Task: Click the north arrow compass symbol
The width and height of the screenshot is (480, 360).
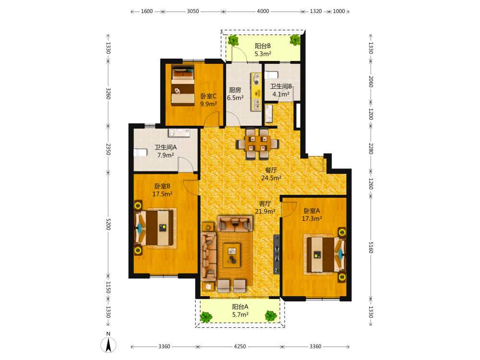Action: point(108,345)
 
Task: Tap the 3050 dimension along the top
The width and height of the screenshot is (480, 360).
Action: point(193,12)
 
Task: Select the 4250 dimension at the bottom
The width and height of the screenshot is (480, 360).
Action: point(240,346)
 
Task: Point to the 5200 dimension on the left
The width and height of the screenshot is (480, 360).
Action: point(108,224)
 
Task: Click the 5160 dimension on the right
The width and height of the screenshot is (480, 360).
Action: point(371,247)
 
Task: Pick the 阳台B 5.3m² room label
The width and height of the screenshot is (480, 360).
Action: point(263,50)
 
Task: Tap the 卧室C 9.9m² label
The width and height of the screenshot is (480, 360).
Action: point(208,100)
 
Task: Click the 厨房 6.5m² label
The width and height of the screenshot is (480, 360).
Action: point(235,94)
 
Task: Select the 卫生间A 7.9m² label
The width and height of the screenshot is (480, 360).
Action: point(166,151)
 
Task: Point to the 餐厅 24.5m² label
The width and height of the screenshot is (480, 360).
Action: point(271,174)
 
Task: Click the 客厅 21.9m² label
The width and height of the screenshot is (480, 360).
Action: point(265,207)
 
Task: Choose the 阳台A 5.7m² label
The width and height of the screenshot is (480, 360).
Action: point(240,311)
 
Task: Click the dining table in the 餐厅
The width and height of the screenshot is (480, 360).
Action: point(257,144)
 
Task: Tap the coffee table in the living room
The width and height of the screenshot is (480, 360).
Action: point(232,255)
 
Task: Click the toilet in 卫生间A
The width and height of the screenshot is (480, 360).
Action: point(140,153)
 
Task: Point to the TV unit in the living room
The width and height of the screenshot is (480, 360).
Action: point(276,254)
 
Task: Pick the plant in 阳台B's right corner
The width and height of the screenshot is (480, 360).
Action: point(295,40)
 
